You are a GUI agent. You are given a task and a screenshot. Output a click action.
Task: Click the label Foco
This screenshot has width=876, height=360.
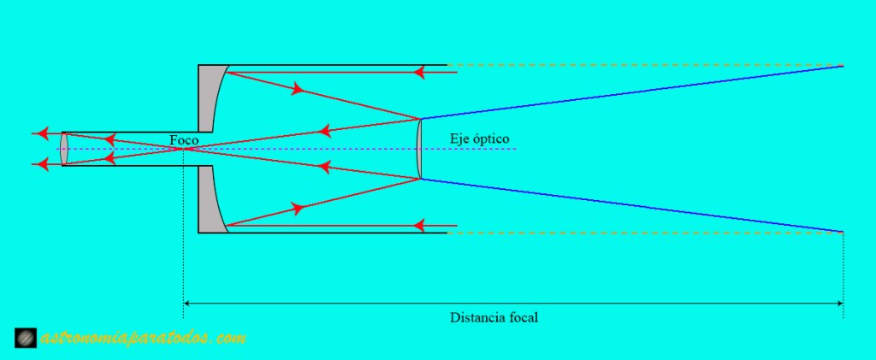184,139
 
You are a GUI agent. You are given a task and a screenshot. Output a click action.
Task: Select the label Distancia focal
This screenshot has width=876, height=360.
494,317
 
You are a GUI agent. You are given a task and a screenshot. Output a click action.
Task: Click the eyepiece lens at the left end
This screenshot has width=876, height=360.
64,149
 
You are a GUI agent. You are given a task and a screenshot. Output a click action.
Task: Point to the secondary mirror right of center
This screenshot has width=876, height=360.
419,149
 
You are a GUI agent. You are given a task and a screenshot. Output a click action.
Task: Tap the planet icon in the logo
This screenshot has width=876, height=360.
27,339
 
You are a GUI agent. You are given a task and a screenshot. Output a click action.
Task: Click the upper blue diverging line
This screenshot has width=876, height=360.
633,91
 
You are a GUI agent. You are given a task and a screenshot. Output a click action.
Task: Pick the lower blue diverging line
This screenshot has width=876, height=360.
633,205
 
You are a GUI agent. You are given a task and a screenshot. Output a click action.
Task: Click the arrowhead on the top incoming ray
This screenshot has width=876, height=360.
419,73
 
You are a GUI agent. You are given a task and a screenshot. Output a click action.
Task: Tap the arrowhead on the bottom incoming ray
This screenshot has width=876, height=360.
419,226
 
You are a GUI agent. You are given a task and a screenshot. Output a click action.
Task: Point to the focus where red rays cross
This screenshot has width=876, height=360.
183,149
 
